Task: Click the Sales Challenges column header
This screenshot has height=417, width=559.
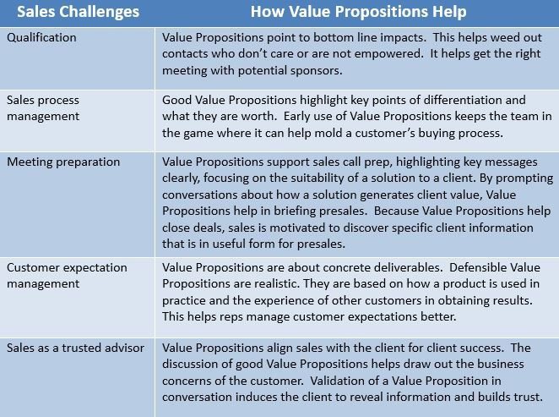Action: [78, 12]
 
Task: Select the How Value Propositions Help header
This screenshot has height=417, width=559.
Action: [358, 12]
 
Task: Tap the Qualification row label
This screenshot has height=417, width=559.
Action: [41, 37]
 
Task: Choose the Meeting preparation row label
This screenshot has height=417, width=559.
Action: [63, 162]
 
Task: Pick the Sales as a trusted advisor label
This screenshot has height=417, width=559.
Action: [76, 348]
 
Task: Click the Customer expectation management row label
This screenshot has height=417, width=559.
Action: [67, 276]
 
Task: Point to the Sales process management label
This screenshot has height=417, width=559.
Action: [43, 108]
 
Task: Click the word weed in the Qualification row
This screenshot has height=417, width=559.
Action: [504, 37]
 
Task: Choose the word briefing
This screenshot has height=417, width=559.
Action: [295, 211]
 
